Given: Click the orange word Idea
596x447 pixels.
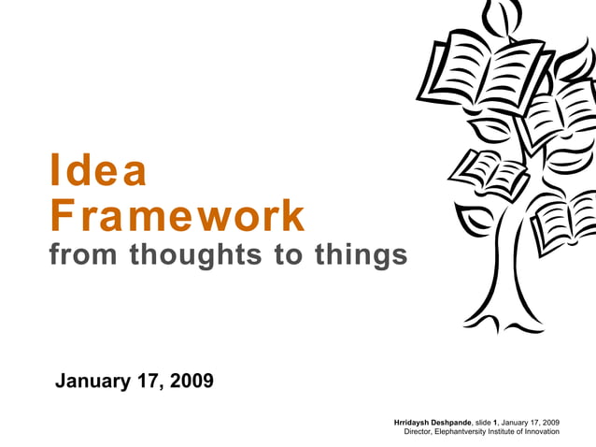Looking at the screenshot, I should [x=98, y=171].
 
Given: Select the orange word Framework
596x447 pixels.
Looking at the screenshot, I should [x=177, y=216].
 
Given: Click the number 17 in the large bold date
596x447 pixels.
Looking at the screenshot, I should [x=148, y=381].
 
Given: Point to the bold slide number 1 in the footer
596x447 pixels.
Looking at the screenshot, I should [x=497, y=422].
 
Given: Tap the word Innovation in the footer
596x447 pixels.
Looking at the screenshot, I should [x=540, y=432].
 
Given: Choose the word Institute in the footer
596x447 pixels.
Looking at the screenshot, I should [x=506, y=432].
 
